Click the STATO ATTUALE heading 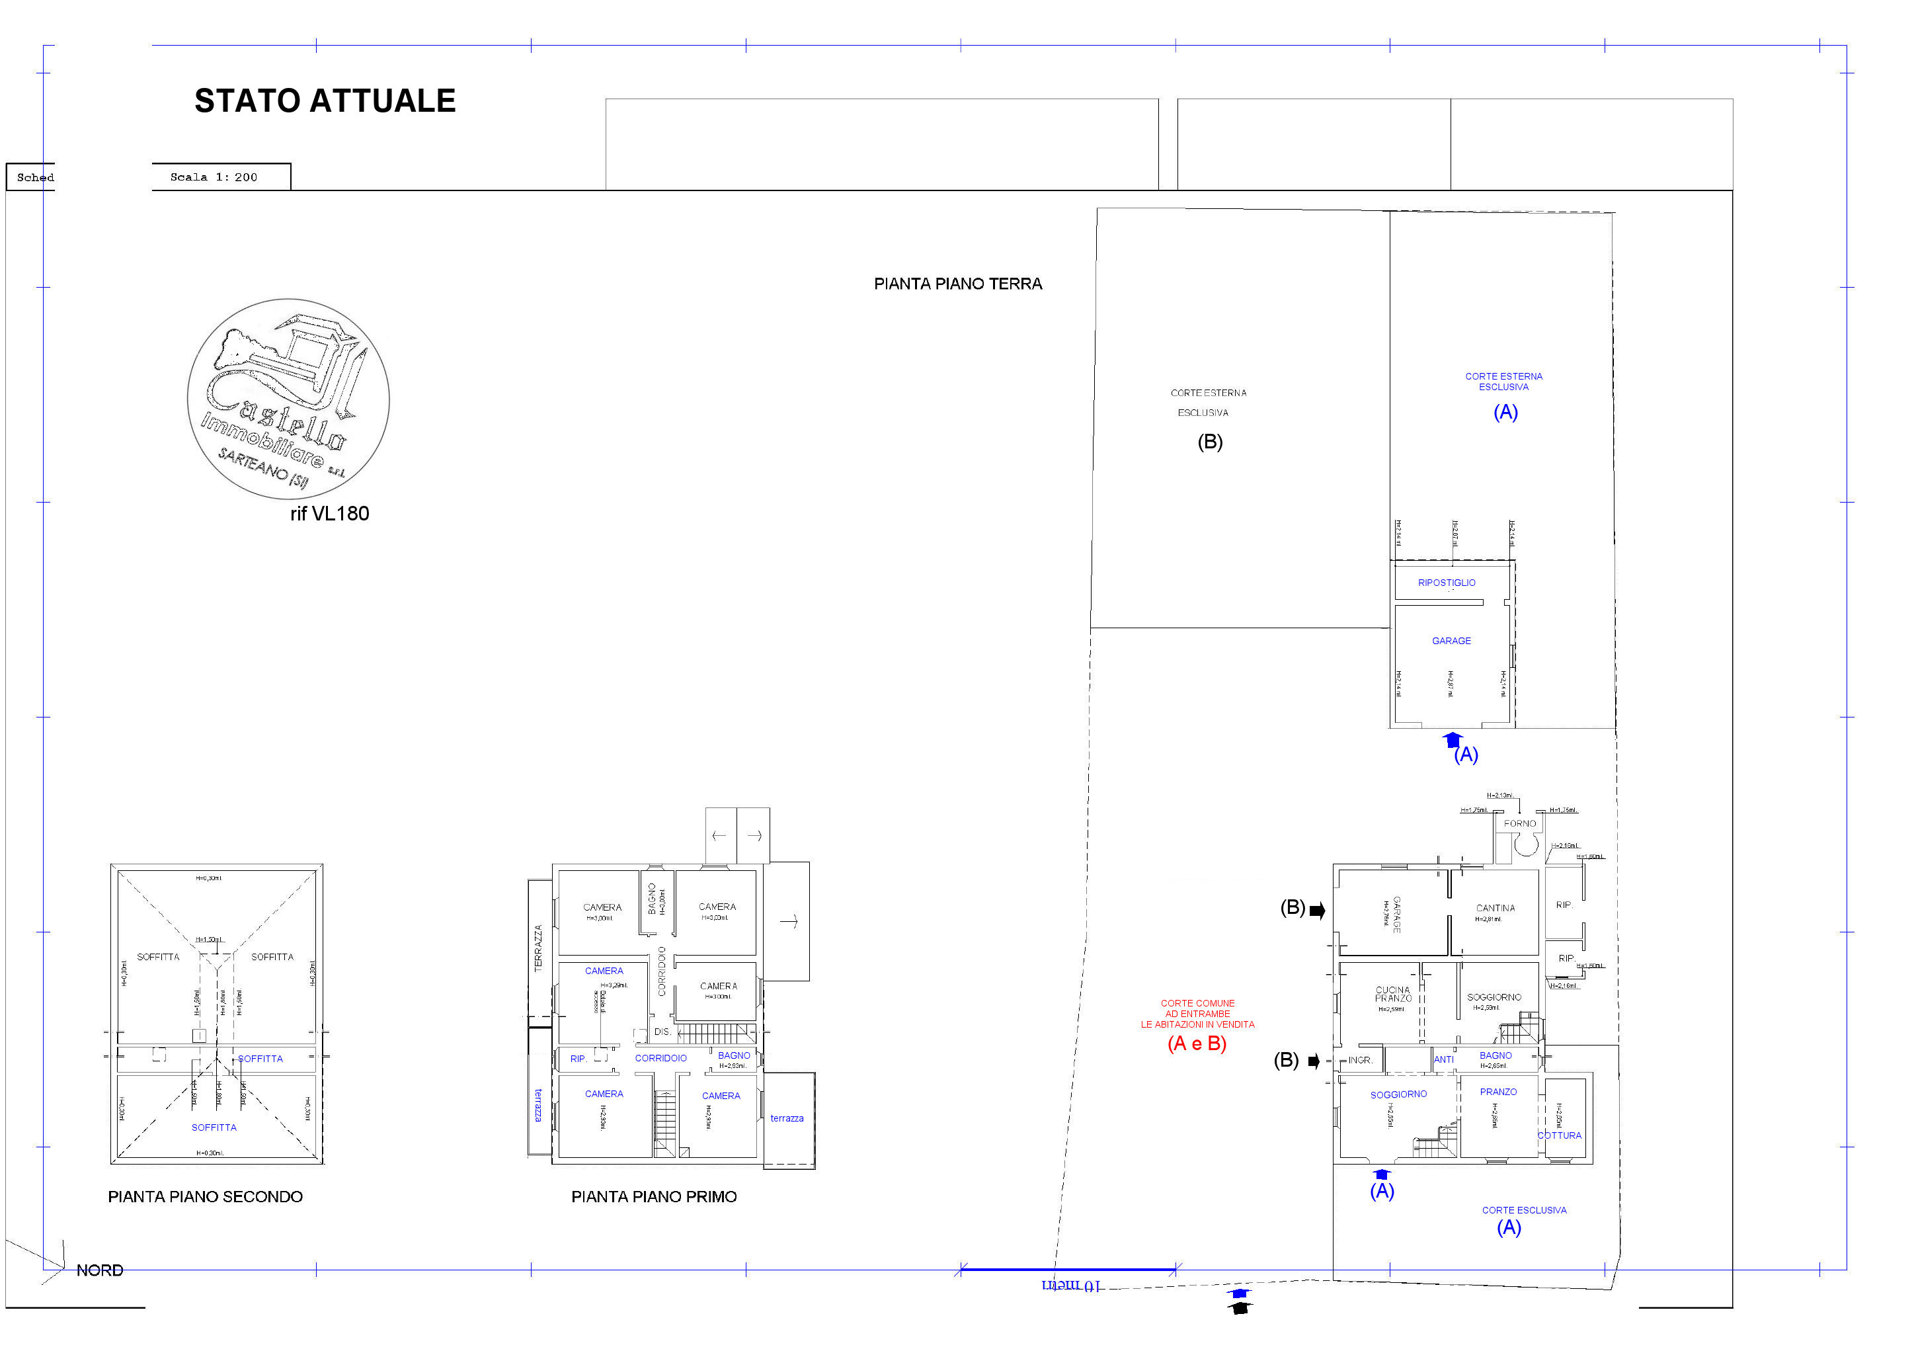pos(325,101)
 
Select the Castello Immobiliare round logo pos(288,399)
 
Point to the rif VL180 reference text pos(329,514)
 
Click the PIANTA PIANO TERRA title pos(958,284)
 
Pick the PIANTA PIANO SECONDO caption pos(205,1197)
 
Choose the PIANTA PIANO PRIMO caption pos(654,1197)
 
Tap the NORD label pos(99,1270)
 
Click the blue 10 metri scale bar pos(1068,1270)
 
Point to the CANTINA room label pos(1495,908)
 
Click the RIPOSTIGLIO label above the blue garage pos(1447,583)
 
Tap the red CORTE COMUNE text pos(1197,1014)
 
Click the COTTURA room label pos(1559,1135)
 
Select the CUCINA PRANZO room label pos(1393,994)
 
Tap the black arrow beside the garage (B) pos(1317,911)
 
